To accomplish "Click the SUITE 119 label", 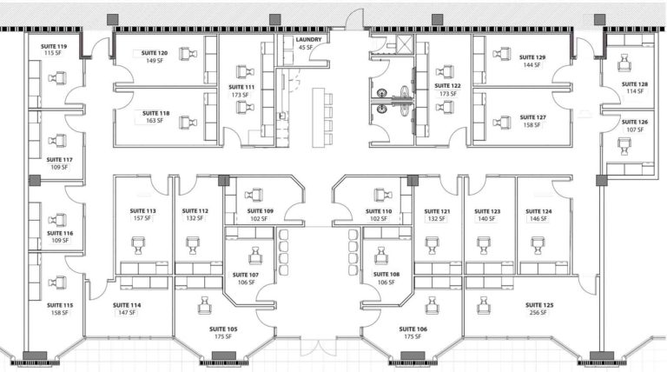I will pos(55,46).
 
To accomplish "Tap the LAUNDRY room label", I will pos(309,40).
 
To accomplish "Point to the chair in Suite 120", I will pos(184,53).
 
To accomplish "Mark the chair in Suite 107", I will pos(255,256).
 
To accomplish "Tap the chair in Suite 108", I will pos(380,256).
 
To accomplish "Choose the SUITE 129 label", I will pos(532,57).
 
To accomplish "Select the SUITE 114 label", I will pos(126,305).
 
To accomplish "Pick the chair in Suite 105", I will pos(206,304).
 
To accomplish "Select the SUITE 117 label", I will pos(59,160).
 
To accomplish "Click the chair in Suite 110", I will pos(380,194).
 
